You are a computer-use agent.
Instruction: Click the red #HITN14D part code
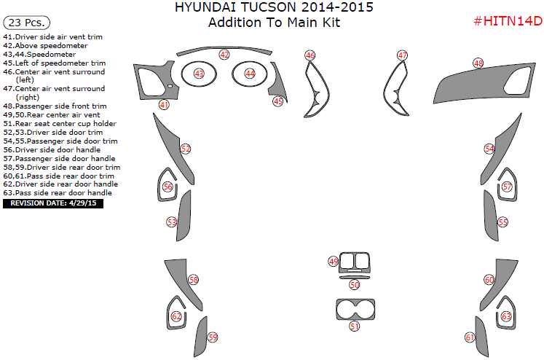(507, 20)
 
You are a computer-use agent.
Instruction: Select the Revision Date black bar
(53, 203)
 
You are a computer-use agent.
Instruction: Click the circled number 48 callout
(478, 63)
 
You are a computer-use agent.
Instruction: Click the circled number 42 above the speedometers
(224, 55)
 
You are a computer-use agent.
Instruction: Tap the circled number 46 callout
(310, 55)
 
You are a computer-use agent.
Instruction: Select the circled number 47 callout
(402, 55)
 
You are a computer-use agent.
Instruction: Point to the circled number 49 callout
(334, 261)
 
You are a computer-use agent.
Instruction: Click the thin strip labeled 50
(354, 278)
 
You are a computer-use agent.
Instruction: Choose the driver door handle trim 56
(168, 187)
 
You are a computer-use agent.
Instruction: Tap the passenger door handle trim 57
(507, 187)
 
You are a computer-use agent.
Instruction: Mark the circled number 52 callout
(186, 149)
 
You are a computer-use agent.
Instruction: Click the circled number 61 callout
(470, 337)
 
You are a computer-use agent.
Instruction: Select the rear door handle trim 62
(176, 316)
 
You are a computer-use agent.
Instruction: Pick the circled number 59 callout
(213, 337)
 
